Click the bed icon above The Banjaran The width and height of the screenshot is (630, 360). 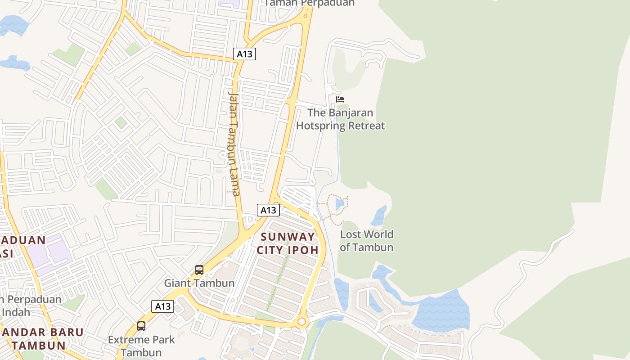click(x=340, y=99)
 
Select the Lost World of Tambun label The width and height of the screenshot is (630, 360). click(x=367, y=241)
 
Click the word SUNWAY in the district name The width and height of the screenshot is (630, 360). click(x=288, y=237)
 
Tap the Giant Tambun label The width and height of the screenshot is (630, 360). click(x=199, y=283)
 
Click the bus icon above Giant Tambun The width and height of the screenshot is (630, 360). click(x=199, y=270)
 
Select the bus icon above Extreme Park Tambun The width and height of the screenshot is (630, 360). click(x=141, y=326)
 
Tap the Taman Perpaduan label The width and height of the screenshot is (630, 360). click(x=309, y=3)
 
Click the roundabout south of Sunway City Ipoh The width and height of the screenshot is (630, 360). click(x=301, y=322)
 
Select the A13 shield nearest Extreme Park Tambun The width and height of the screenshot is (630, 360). click(x=162, y=306)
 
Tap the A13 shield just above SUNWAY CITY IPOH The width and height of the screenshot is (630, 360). click(x=268, y=210)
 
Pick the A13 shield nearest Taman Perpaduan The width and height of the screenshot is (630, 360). click(x=244, y=54)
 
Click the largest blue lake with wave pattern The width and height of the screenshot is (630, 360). click(x=441, y=310)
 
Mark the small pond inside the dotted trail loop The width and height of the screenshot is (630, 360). click(x=339, y=205)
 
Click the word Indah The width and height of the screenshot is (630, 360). click(x=15, y=312)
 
